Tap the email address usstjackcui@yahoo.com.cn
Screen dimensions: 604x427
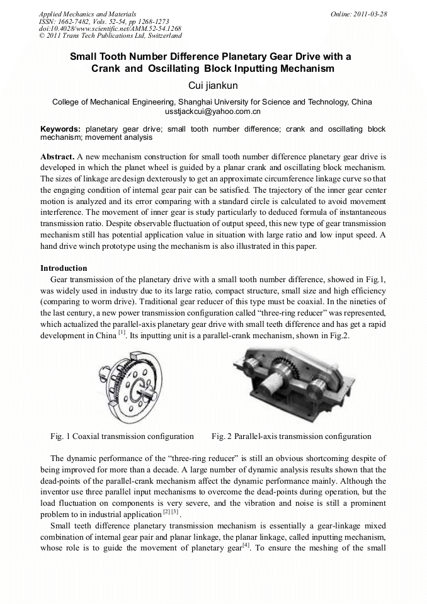click(213, 111)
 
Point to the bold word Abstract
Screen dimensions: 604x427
click(57, 155)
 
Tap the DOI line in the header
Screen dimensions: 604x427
click(110, 29)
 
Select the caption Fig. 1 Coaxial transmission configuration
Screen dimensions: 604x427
click(122, 436)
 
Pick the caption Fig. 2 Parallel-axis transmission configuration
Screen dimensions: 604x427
click(291, 436)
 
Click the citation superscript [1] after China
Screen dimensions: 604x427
click(122, 333)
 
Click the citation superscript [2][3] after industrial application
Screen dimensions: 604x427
click(171, 512)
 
